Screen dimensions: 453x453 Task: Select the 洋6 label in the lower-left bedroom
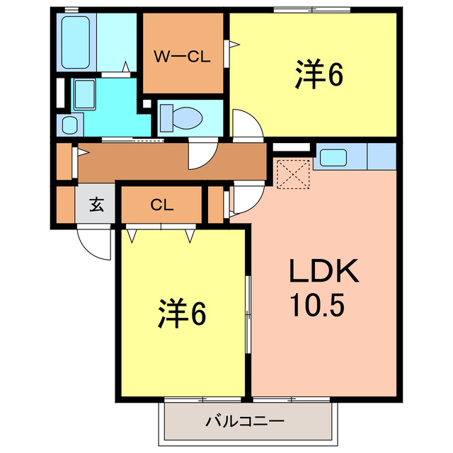tap(181, 314)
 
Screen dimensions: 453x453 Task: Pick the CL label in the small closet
tap(161, 205)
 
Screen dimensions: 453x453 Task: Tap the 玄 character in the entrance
tap(96, 206)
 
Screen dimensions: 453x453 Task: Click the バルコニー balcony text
tap(245, 421)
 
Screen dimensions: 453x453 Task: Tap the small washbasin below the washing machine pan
tap(70, 125)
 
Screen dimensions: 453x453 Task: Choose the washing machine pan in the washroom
tap(86, 93)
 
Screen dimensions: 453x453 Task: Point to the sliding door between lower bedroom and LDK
tap(248, 315)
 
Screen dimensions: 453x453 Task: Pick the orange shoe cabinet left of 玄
tap(65, 206)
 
